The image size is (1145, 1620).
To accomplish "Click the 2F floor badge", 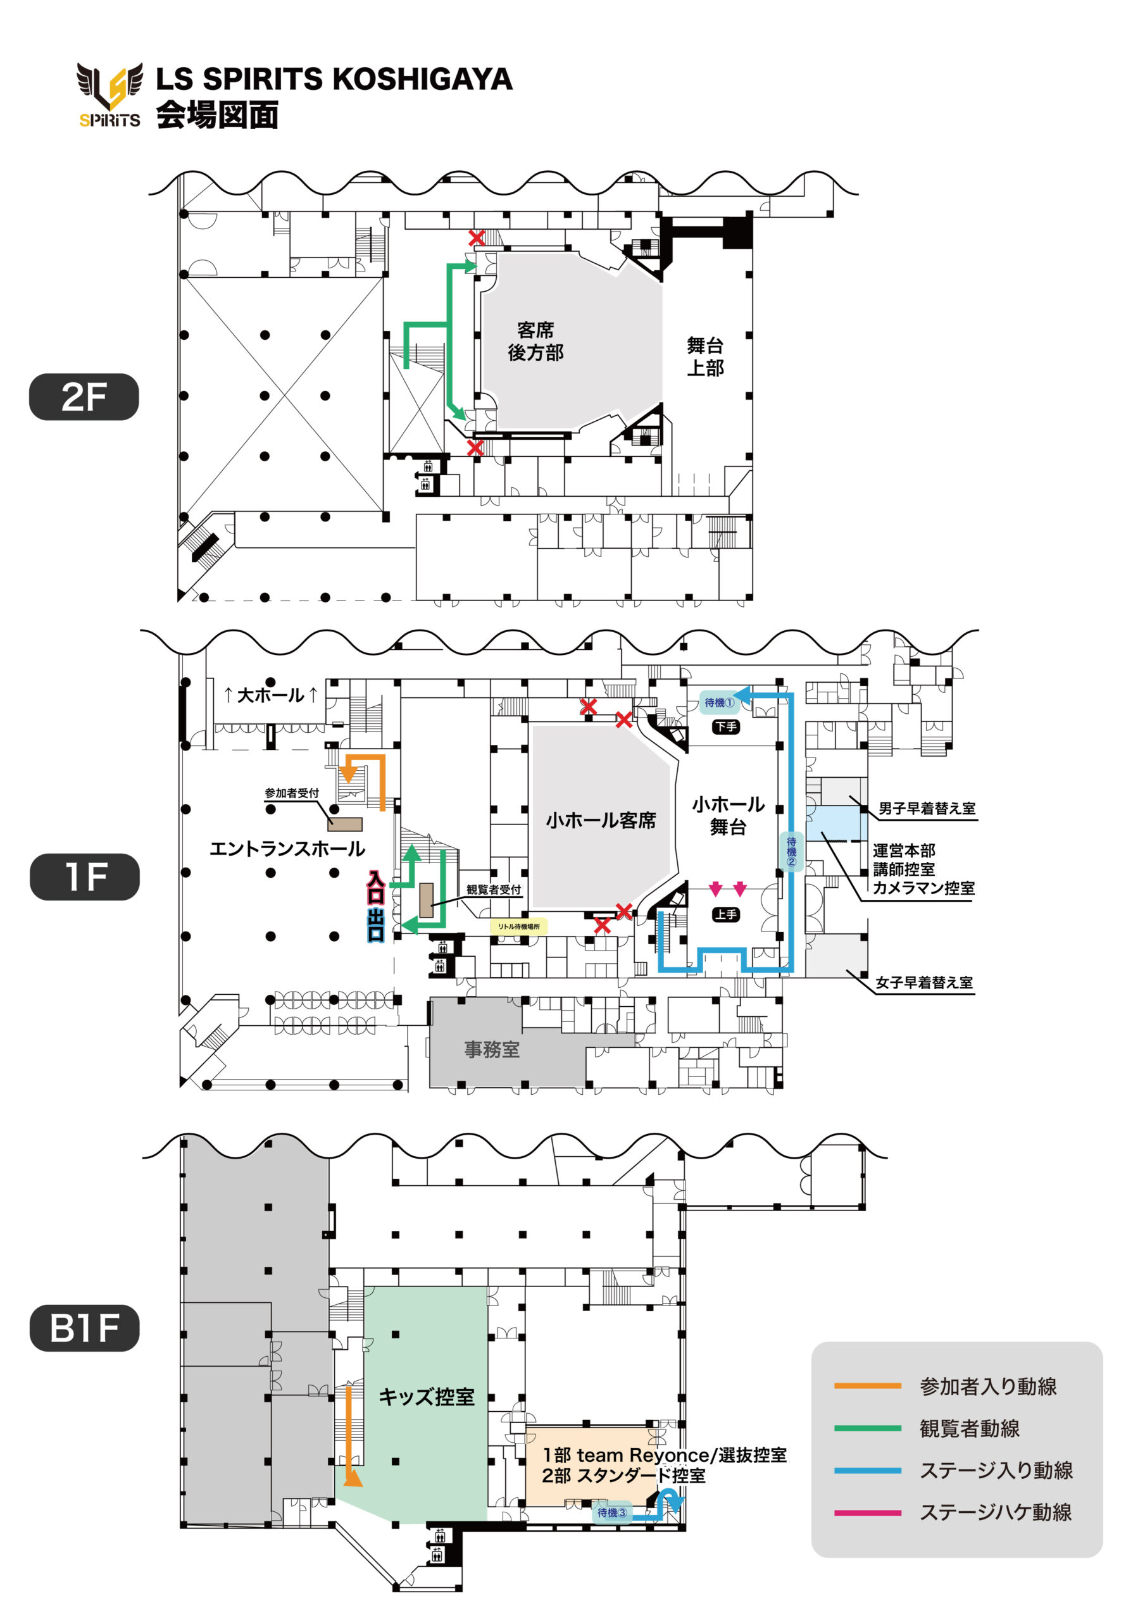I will click(84, 397).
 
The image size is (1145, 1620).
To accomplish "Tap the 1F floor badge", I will click(84, 876).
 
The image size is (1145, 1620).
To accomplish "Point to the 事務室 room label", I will click(491, 1050).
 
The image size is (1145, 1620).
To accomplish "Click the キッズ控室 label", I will click(427, 1397).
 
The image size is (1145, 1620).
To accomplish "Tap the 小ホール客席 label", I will click(601, 820).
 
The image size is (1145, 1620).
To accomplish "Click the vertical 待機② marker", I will click(791, 852).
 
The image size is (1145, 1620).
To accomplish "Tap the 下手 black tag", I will click(726, 726).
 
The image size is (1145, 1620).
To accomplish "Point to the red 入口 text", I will click(375, 888).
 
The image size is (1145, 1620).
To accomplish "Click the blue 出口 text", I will click(375, 925).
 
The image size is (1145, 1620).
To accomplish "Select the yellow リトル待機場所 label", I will click(519, 926).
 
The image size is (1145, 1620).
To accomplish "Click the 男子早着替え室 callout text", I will click(927, 809).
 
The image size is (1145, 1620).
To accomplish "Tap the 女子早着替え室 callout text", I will click(924, 982).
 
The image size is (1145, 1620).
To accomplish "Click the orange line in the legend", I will click(868, 1386).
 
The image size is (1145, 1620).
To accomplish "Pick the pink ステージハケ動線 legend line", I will click(868, 1512).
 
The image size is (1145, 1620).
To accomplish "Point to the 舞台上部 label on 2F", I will click(705, 356).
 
